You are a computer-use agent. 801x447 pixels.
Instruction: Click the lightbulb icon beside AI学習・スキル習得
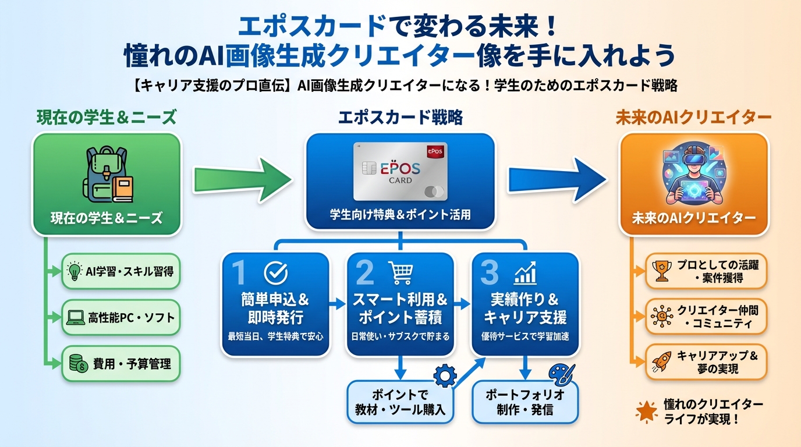coord(75,271)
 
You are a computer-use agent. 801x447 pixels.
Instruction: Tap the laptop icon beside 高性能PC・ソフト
coord(75,318)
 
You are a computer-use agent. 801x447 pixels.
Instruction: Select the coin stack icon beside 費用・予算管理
coord(75,364)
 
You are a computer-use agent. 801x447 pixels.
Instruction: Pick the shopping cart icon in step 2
coord(400,272)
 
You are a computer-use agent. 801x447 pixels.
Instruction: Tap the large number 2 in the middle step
coord(365,272)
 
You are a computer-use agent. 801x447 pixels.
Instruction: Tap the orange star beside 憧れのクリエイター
coord(646,411)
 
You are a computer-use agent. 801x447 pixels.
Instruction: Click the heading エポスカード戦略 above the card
coord(400,118)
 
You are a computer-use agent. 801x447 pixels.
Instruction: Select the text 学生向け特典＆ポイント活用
coord(400,215)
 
